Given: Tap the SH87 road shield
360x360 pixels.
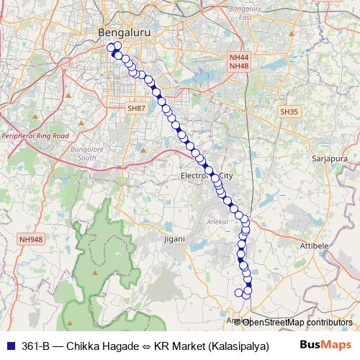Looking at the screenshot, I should (x=136, y=108).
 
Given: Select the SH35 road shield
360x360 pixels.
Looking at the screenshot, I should (x=289, y=112).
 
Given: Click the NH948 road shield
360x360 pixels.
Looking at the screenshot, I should (x=32, y=240).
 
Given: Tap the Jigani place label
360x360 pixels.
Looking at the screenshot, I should (x=175, y=238).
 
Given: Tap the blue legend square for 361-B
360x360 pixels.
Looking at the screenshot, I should (x=9, y=345).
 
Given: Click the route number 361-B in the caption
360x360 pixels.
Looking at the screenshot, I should (x=36, y=346).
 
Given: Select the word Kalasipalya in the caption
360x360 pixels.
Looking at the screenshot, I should (x=238, y=346).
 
